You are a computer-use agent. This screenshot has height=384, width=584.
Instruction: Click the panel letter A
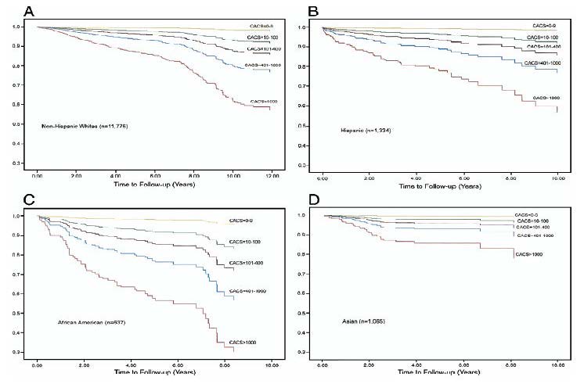(9, 10)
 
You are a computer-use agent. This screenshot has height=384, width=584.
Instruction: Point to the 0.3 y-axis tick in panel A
(27, 163)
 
